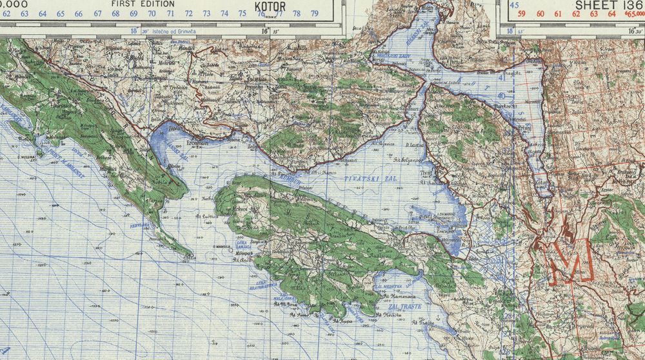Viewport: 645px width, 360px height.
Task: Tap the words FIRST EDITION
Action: coord(143,3)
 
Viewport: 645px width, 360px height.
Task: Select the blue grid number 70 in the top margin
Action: coord(152,13)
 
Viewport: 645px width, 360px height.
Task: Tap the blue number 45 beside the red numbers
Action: coord(514,5)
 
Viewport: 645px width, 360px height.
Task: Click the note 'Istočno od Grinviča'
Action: coord(169,30)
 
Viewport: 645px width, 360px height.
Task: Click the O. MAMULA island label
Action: coord(223,246)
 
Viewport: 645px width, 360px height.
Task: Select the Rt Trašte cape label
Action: coord(421,321)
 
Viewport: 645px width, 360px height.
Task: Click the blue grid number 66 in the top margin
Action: coord(79,13)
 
